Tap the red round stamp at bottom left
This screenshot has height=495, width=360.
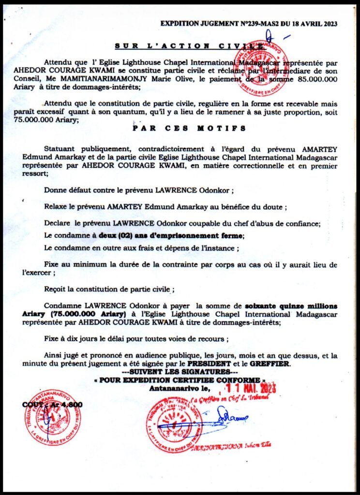point(53,417)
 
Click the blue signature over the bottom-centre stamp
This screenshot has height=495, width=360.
point(227,417)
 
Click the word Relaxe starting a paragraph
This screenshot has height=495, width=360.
point(57,207)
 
